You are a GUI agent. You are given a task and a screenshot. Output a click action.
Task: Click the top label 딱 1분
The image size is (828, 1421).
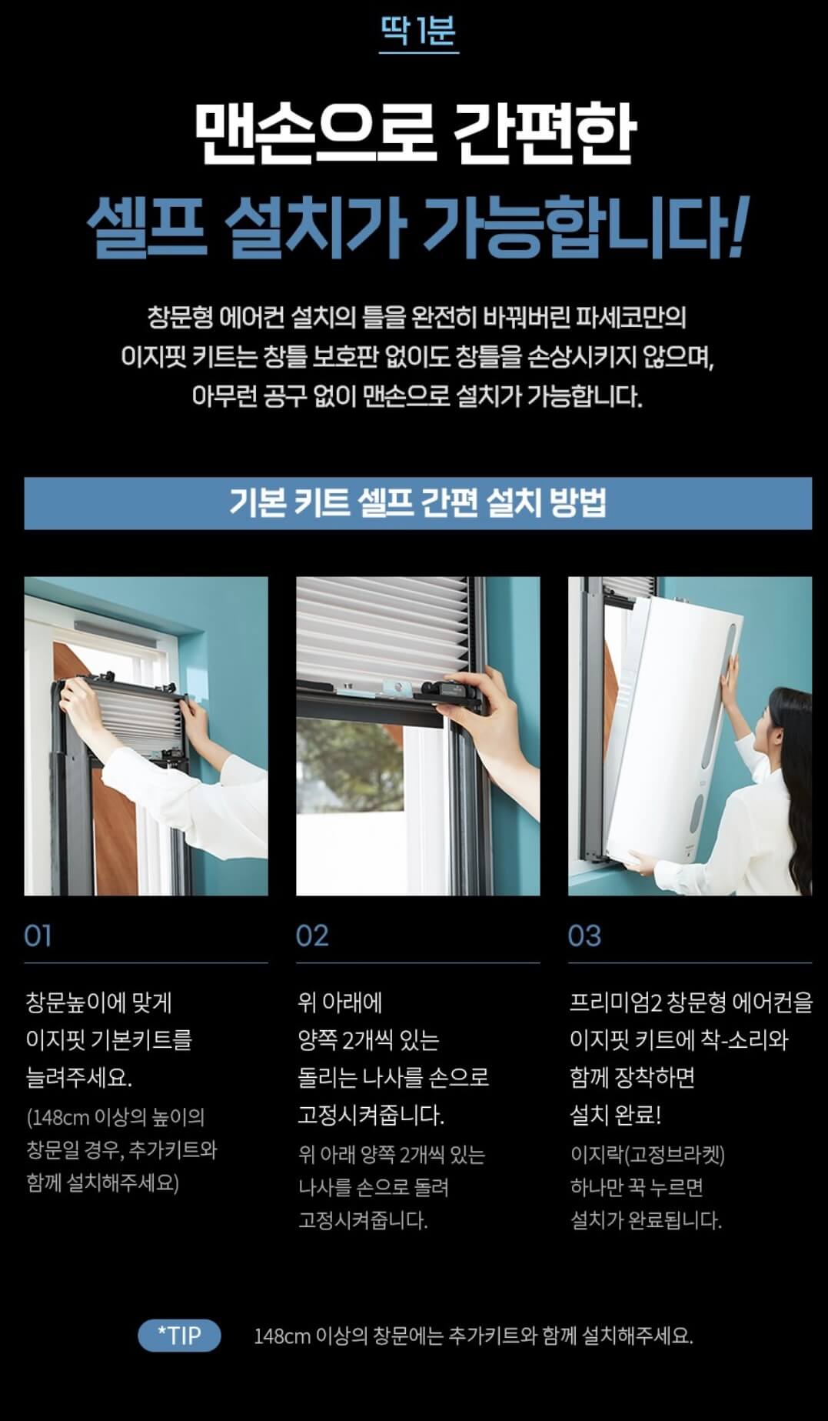[419, 31]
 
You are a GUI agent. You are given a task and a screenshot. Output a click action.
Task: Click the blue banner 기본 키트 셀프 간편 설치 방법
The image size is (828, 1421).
[418, 503]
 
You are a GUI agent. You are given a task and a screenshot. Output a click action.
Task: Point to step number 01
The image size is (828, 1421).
[38, 936]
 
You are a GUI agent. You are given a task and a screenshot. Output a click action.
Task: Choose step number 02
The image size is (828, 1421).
[312, 936]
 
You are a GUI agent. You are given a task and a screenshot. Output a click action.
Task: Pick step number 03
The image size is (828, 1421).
[584, 936]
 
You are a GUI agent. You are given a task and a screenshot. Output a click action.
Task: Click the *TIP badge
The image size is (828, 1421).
[179, 1335]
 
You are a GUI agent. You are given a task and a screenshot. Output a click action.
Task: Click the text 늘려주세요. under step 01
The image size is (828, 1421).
[79, 1077]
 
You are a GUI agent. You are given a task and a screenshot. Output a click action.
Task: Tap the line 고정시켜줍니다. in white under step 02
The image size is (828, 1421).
[371, 1115]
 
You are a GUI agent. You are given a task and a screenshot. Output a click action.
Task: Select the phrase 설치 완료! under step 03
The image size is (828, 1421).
[615, 1115]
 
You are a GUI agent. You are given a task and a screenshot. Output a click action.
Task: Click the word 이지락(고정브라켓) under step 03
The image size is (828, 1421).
[647, 1154]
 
